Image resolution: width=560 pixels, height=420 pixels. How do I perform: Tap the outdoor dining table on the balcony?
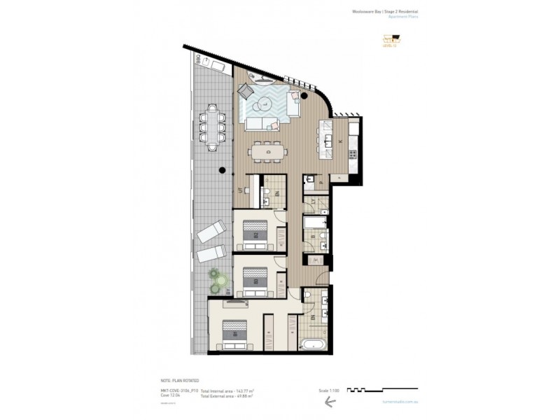[x=212, y=127]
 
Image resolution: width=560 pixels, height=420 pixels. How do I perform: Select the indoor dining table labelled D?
[x=267, y=150]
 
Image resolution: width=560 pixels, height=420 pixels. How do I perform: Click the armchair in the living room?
[x=246, y=91]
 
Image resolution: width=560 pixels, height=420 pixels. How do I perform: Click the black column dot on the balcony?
[x=223, y=170]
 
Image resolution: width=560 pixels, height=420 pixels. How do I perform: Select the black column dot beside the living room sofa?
[x=305, y=95]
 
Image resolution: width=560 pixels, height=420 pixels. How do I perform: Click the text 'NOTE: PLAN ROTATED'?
[x=181, y=380]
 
